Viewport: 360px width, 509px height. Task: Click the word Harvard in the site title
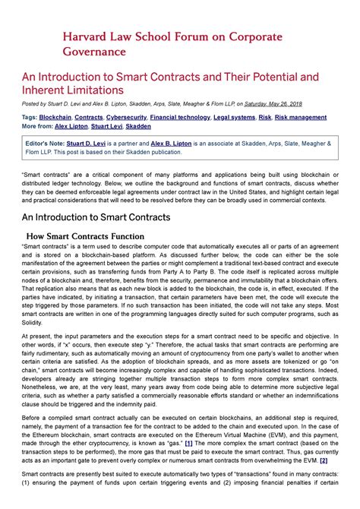pyautogui.click(x=84, y=36)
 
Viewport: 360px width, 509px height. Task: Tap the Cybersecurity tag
pyautogui.click(x=126, y=118)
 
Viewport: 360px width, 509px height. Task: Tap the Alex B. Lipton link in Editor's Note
pyautogui.click(x=197, y=144)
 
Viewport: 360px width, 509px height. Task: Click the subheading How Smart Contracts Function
pyautogui.click(x=90, y=236)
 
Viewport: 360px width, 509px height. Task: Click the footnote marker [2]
pyautogui.click(x=324, y=460)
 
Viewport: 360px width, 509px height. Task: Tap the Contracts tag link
pyautogui.click(x=89, y=118)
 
